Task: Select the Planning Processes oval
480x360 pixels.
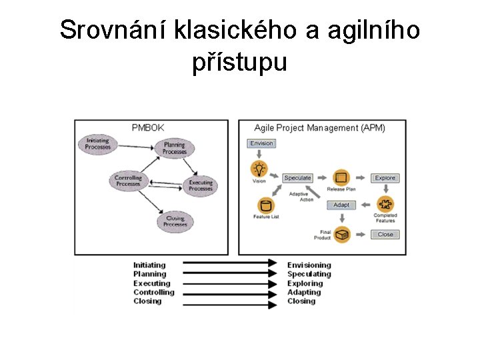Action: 175,148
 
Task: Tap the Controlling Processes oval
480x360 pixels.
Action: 128,180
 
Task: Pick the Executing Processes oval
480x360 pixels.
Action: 201,185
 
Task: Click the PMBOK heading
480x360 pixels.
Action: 148,127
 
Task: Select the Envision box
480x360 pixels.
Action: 261,143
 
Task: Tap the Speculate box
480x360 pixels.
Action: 297,178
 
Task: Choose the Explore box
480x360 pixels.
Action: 385,178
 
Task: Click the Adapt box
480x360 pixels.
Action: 341,205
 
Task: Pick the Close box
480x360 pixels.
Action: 385,234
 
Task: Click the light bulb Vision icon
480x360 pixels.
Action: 259,168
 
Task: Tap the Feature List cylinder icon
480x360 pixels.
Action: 266,205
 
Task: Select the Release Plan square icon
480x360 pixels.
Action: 341,178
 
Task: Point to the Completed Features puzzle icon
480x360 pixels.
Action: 385,204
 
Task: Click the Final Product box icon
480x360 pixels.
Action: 342,234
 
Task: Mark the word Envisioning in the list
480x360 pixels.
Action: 309,265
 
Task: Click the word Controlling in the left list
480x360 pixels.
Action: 153,292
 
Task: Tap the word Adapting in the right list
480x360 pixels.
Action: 305,292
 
